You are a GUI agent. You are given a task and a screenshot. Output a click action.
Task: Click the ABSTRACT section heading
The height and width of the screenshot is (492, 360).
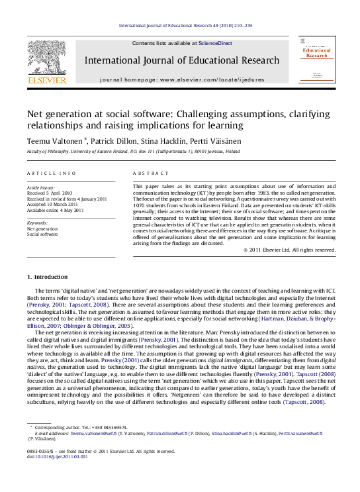147,173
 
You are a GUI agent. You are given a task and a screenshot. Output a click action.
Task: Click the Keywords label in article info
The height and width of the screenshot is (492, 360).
38,223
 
